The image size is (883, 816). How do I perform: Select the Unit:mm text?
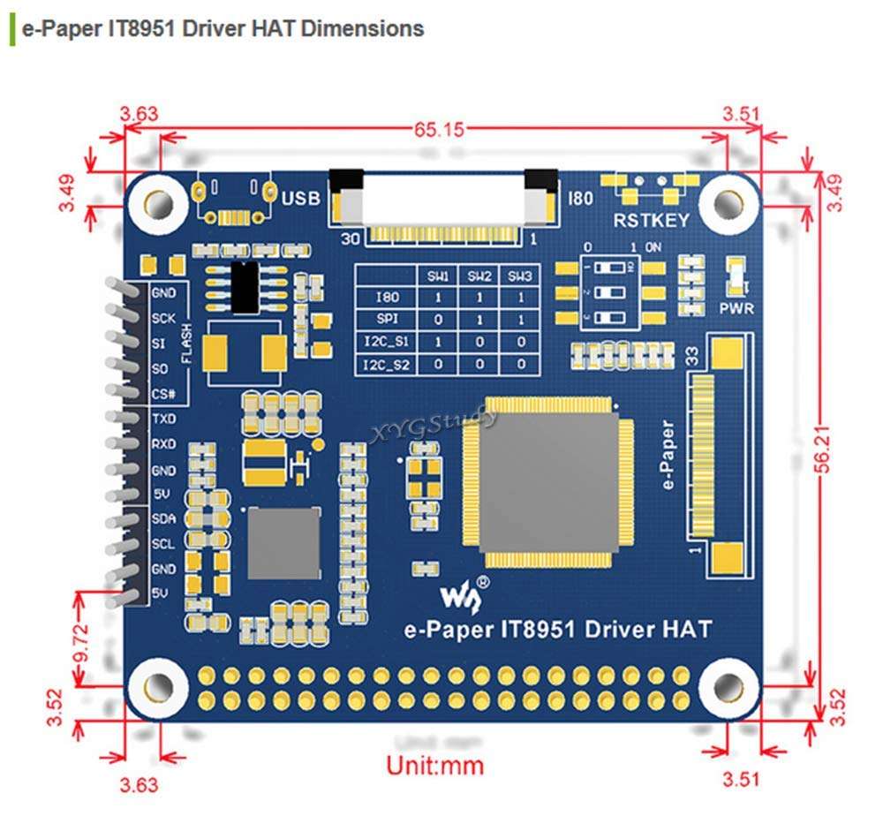pyautogui.click(x=435, y=764)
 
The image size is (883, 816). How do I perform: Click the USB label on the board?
pyautogui.click(x=300, y=199)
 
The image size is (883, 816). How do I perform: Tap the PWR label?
pyautogui.click(x=736, y=308)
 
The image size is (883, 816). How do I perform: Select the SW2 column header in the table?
pyautogui.click(x=480, y=276)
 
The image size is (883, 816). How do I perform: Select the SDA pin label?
pyautogui.click(x=163, y=518)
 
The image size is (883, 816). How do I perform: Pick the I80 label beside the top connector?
pyautogui.click(x=582, y=199)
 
